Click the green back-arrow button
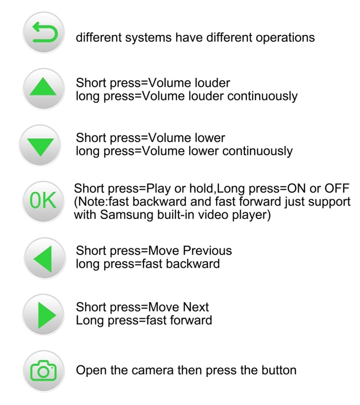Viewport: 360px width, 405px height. pyautogui.click(x=44, y=33)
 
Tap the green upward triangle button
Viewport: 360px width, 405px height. pyautogui.click(x=44, y=89)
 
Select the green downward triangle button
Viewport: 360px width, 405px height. pyautogui.click(x=40, y=146)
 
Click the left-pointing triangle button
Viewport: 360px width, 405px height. pyautogui.click(x=45, y=258)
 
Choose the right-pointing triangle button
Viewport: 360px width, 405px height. pyautogui.click(x=43, y=315)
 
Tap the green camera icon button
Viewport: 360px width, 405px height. pyautogui.click(x=44, y=371)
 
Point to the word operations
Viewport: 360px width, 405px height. pyautogui.click(x=285, y=37)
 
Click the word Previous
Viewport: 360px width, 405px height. pyautogui.click(x=207, y=250)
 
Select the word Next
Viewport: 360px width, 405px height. pyautogui.click(x=196, y=307)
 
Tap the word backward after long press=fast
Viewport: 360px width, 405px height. pyautogui.click(x=193, y=264)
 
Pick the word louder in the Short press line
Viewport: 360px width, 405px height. pyautogui.click(x=212, y=83)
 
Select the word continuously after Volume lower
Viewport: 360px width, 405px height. pyautogui.click(x=258, y=151)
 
